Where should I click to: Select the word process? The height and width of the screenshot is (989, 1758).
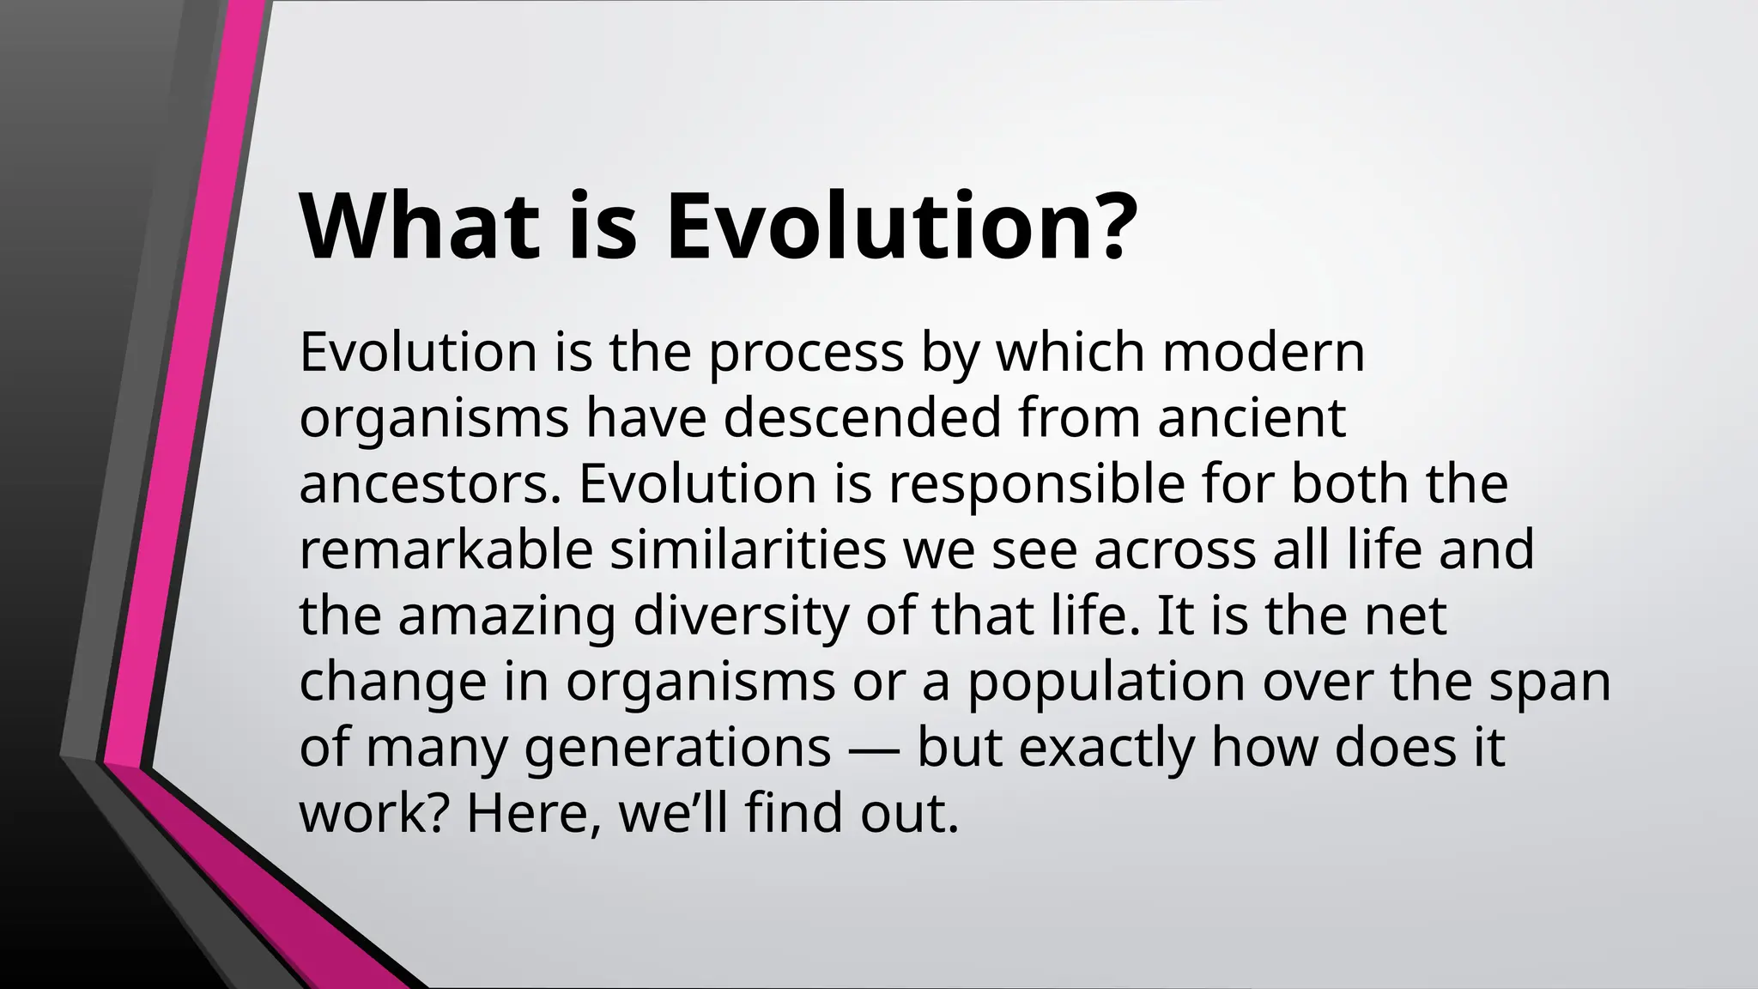tap(805, 353)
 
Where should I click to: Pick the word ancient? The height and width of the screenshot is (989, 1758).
tap(1251, 419)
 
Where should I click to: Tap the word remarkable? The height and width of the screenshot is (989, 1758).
tap(446, 551)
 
